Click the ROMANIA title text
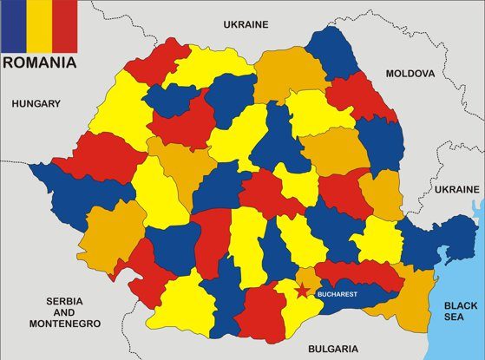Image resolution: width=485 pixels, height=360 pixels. click(39, 62)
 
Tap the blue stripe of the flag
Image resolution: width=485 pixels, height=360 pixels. click(13, 24)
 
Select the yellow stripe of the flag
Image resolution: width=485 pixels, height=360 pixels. click(39, 24)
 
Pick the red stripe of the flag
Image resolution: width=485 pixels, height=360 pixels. click(65, 24)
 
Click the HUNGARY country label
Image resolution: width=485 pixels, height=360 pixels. click(36, 104)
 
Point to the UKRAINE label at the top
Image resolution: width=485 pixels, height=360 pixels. click(246, 24)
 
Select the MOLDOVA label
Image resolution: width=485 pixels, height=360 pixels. click(410, 74)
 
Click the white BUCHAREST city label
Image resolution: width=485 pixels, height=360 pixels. click(338, 294)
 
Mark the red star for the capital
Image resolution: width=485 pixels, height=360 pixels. click(302, 292)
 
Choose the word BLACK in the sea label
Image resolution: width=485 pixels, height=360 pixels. click(461, 305)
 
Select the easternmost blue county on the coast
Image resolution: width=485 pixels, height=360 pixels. click(434, 243)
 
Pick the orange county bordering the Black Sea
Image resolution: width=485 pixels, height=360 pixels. click(416, 299)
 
